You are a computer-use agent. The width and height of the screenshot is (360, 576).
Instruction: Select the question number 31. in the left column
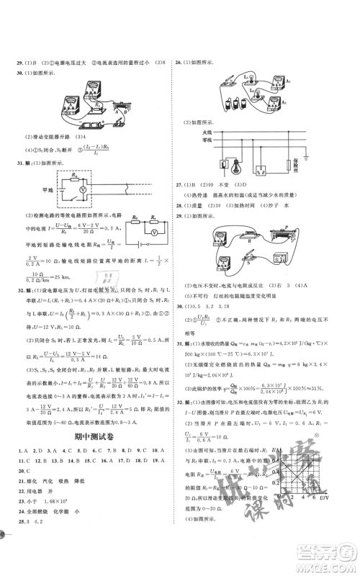19,164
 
